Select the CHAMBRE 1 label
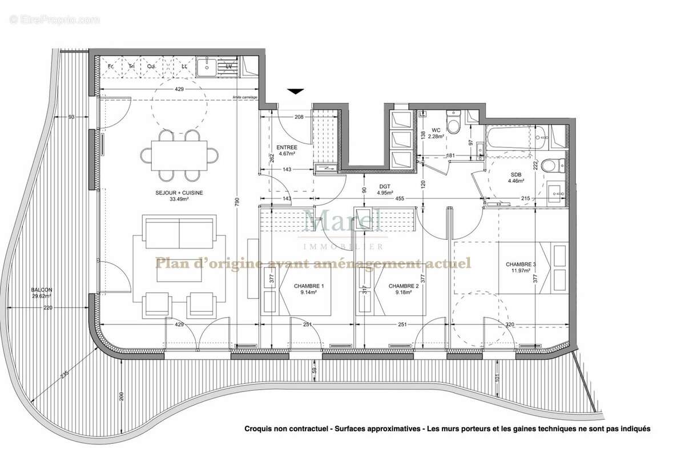point(309,286)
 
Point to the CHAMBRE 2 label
point(404,286)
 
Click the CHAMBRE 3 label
point(521,264)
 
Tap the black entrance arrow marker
point(296,91)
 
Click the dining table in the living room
point(179,154)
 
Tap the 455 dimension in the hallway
point(400,198)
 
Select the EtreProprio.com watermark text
point(55,20)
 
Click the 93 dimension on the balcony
point(71,117)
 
